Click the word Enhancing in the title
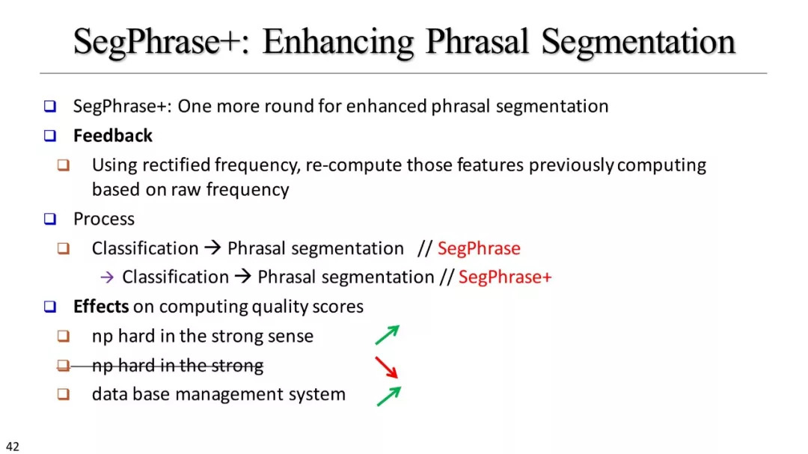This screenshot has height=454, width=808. click(337, 43)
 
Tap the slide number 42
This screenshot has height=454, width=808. click(13, 447)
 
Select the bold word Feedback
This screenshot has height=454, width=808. click(113, 135)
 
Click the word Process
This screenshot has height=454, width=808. click(103, 219)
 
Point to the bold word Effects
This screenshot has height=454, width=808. click(101, 306)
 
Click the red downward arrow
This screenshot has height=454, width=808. click(387, 367)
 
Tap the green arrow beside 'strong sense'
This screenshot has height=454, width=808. click(388, 335)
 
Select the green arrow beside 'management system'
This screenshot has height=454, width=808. click(388, 396)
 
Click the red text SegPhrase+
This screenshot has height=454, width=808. click(505, 277)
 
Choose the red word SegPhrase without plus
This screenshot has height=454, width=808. click(479, 248)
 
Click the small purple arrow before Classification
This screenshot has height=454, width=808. click(107, 277)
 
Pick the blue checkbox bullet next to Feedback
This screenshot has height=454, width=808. click(50, 135)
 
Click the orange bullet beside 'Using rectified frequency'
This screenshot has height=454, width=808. click(64, 165)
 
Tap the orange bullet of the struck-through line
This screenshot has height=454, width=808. click(64, 365)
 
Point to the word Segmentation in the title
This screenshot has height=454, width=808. click(638, 43)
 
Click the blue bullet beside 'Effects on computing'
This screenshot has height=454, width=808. click(50, 307)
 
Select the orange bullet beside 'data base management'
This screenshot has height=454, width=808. click(64, 394)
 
